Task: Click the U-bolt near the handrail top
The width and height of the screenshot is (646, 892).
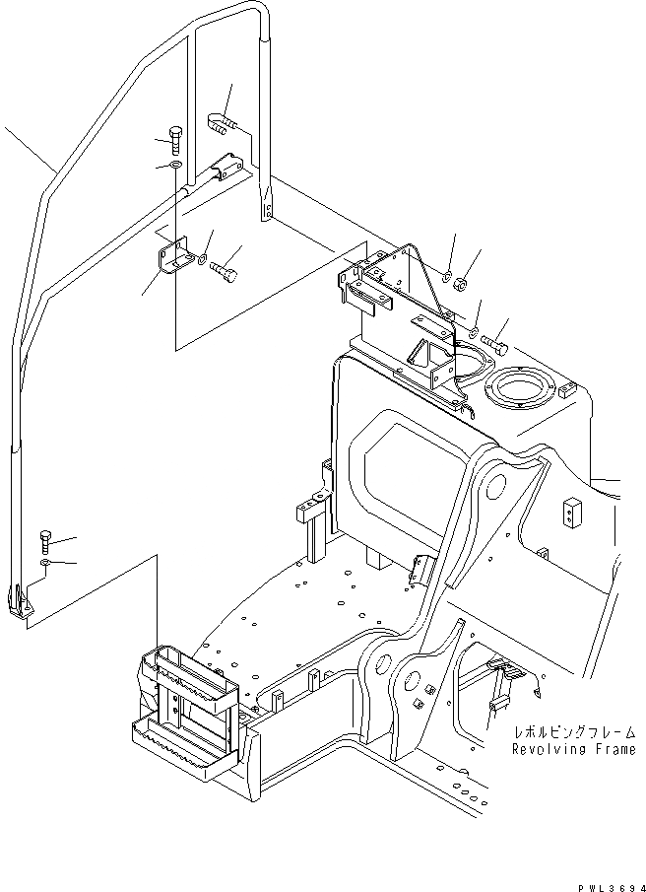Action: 223,124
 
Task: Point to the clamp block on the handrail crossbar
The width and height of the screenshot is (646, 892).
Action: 227,165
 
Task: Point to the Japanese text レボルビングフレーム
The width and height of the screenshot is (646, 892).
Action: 572,734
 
